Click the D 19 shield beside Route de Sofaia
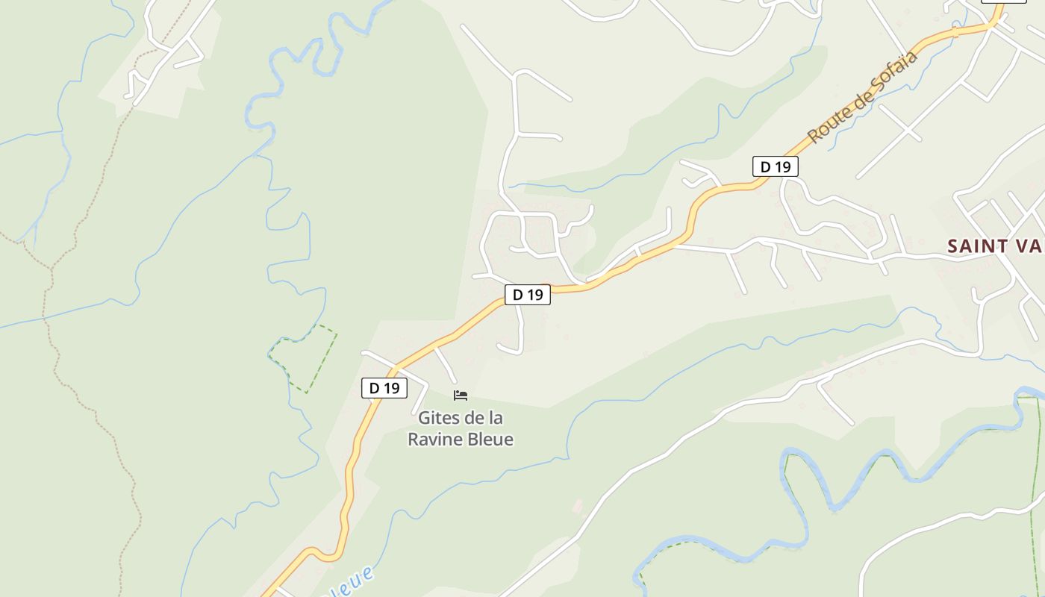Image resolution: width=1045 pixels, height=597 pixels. coord(775,166)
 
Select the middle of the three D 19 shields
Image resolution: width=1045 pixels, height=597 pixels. coord(528,295)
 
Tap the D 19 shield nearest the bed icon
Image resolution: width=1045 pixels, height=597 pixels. coord(384,388)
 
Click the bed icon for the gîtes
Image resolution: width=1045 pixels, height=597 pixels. coord(461,395)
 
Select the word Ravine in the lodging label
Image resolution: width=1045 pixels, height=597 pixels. coord(434,440)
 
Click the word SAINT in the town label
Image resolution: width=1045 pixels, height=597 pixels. coord(979,246)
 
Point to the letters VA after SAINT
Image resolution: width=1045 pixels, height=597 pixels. coord(1029,246)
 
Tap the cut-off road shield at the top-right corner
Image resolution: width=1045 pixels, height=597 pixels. coord(1003,1)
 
